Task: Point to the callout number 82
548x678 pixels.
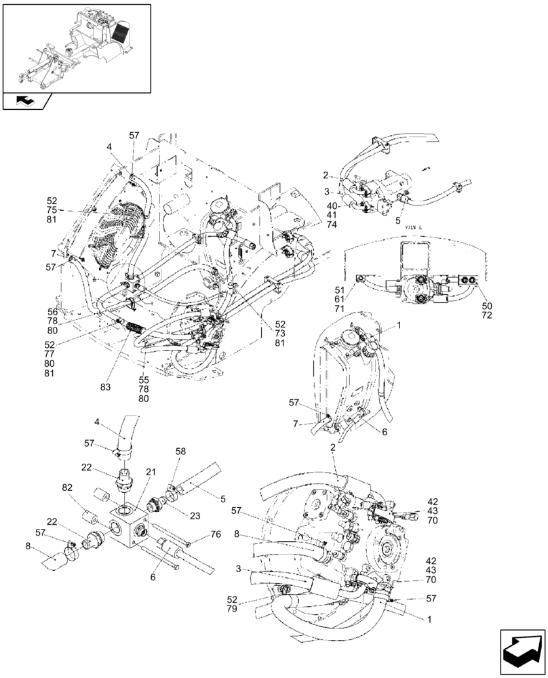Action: pyautogui.click(x=67, y=488)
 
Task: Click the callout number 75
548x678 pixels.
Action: pyautogui.click(x=52, y=210)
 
